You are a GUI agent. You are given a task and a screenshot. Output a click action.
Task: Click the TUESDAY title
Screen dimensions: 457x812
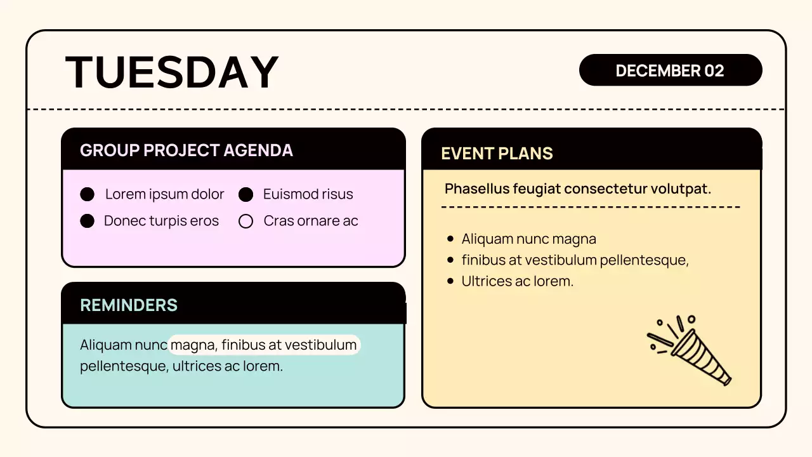pos(172,72)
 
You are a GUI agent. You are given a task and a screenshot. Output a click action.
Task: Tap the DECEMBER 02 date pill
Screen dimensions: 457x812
pos(670,70)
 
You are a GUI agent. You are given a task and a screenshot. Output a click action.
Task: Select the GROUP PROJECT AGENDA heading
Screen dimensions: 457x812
pos(187,150)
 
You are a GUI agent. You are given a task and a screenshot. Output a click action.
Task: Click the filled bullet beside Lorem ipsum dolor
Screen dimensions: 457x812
pos(88,194)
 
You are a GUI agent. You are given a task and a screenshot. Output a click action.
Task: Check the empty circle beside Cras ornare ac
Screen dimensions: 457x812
pos(246,222)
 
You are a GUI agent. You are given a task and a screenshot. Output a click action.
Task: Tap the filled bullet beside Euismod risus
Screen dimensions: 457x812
pos(246,194)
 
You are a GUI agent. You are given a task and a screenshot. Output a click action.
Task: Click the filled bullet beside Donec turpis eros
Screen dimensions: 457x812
pos(88,221)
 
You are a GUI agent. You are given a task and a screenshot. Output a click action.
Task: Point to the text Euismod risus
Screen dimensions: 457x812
pos(308,194)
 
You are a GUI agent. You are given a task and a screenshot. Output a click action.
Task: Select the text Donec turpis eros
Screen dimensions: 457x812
pos(161,221)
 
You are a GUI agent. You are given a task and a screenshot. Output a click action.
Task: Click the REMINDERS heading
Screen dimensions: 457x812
pos(129,305)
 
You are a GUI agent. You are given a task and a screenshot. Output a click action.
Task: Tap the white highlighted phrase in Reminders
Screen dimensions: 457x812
pos(264,345)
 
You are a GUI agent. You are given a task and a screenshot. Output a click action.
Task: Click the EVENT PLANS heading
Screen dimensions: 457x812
pos(497,154)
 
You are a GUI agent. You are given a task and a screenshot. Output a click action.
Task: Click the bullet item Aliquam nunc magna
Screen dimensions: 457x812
pos(528,239)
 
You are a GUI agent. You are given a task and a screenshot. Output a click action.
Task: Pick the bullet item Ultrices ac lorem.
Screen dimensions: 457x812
pos(517,281)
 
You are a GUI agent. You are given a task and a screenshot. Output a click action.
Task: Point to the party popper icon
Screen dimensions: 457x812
pos(690,348)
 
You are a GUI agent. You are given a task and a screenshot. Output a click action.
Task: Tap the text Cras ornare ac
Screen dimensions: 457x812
pos(311,221)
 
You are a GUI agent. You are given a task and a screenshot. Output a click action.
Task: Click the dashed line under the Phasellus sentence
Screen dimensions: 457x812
pos(591,207)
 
